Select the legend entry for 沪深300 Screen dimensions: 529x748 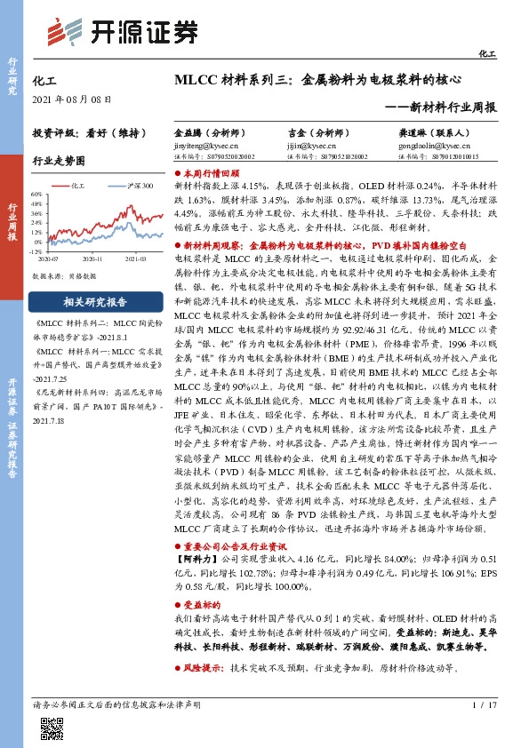(x=138, y=186)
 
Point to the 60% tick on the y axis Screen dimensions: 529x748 (x=36, y=194)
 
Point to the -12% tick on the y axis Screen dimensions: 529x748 (x=36, y=251)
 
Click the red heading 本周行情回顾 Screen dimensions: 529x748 (x=211, y=175)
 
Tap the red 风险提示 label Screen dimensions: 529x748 (x=201, y=666)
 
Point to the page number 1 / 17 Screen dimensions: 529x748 (x=483, y=704)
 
